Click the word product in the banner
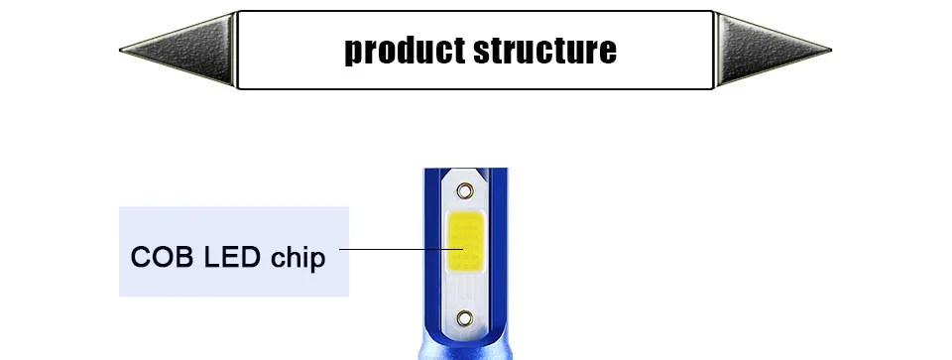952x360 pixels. coord(406,51)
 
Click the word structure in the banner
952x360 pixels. coord(545,51)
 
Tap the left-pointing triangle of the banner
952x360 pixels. coord(178,50)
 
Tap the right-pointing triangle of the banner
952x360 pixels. coord(773,50)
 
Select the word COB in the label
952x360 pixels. coord(162,258)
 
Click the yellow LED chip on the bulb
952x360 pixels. coord(466,241)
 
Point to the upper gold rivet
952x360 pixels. coord(465,191)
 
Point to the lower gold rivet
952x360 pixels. coord(465,317)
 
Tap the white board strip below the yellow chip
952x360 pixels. coord(466,291)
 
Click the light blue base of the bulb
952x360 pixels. coord(466,351)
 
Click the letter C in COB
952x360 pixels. coord(141,258)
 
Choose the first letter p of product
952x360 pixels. coord(354,54)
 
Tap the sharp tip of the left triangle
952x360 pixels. coord(120,51)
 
